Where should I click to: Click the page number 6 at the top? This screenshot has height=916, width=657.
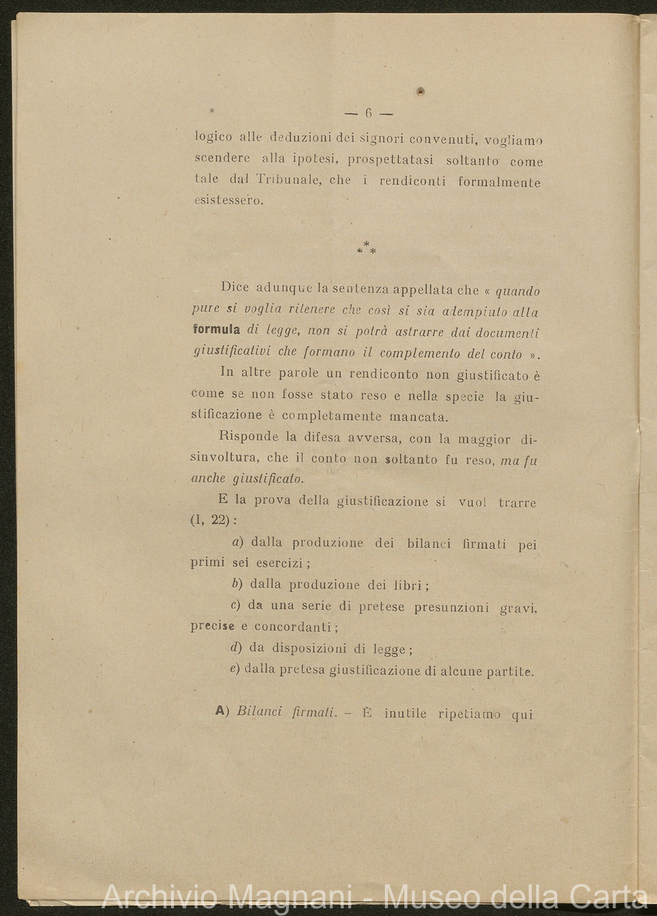click(x=368, y=113)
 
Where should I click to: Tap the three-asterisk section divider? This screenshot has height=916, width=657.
click(x=366, y=249)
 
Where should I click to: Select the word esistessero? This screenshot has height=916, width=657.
click(x=229, y=202)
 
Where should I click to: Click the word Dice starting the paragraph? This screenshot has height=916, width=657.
click(x=235, y=288)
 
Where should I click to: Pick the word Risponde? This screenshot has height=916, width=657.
click(x=249, y=439)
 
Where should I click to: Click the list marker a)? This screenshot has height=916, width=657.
click(x=238, y=543)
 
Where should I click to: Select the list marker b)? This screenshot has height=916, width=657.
click(x=238, y=584)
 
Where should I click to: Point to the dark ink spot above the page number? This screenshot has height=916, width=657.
click(x=420, y=91)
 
